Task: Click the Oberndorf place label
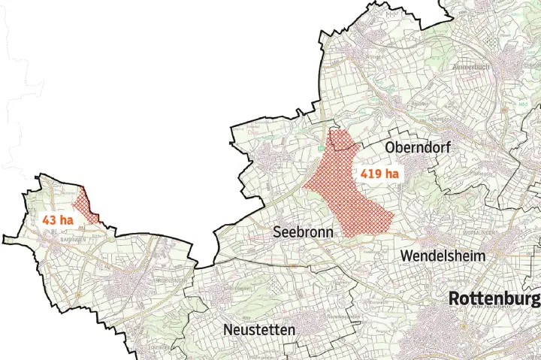(x=418, y=148)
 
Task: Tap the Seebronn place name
(x=303, y=232)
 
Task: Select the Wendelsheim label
(x=443, y=256)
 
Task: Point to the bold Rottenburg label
(x=494, y=299)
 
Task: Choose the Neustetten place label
(x=259, y=330)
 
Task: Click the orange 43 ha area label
(x=58, y=220)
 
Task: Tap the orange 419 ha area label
(x=379, y=174)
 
